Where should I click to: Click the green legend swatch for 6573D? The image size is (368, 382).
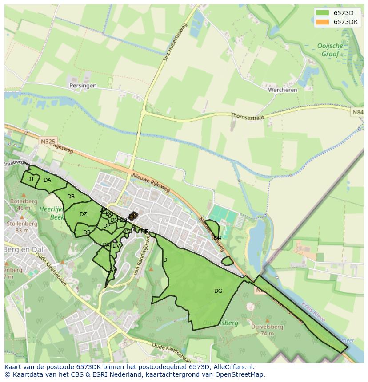pos(323,12)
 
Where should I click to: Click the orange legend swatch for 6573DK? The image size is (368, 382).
pos(323,22)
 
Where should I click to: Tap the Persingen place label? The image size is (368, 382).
pos(83,86)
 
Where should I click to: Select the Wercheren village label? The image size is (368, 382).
pos(283,90)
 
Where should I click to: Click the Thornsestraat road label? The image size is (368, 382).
pos(247,116)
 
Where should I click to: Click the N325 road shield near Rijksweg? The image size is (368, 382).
pos(48,141)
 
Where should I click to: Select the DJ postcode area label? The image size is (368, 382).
pos(30,179)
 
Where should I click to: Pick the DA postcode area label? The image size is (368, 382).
pos(47,180)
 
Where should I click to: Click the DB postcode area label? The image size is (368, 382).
pos(71,197)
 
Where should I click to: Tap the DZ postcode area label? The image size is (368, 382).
pos(83,214)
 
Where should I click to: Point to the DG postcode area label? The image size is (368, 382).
pos(218,291)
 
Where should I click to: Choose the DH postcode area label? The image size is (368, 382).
pos(217,239)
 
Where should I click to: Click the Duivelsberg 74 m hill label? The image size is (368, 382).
pos(267,330)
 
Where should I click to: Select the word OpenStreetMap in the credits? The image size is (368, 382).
pos(240,374)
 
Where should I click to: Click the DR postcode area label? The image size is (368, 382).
pos(87,232)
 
